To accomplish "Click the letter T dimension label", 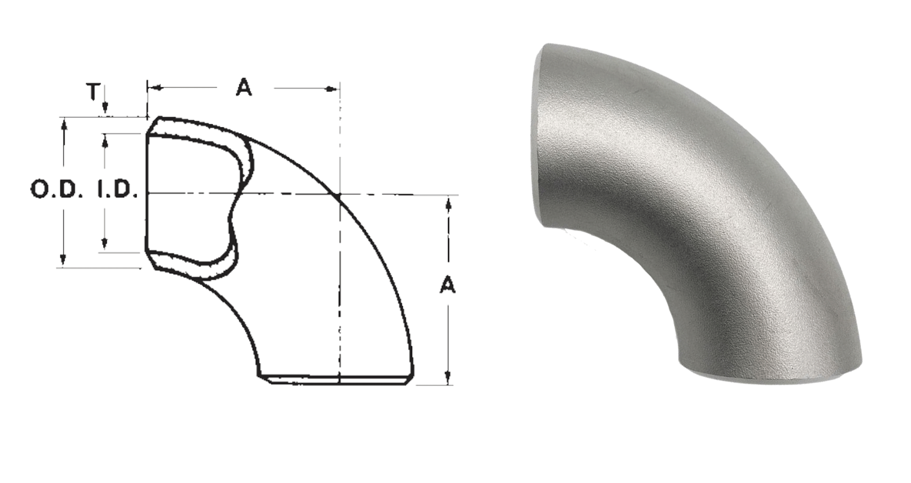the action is [93, 91].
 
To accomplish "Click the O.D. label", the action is [54, 190].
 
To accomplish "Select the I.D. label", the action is [116, 190].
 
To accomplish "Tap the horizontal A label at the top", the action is [244, 87].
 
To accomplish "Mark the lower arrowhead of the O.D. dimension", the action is [63, 259].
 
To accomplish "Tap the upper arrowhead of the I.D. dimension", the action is [105, 141].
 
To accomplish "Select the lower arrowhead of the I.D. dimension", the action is [104, 243].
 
